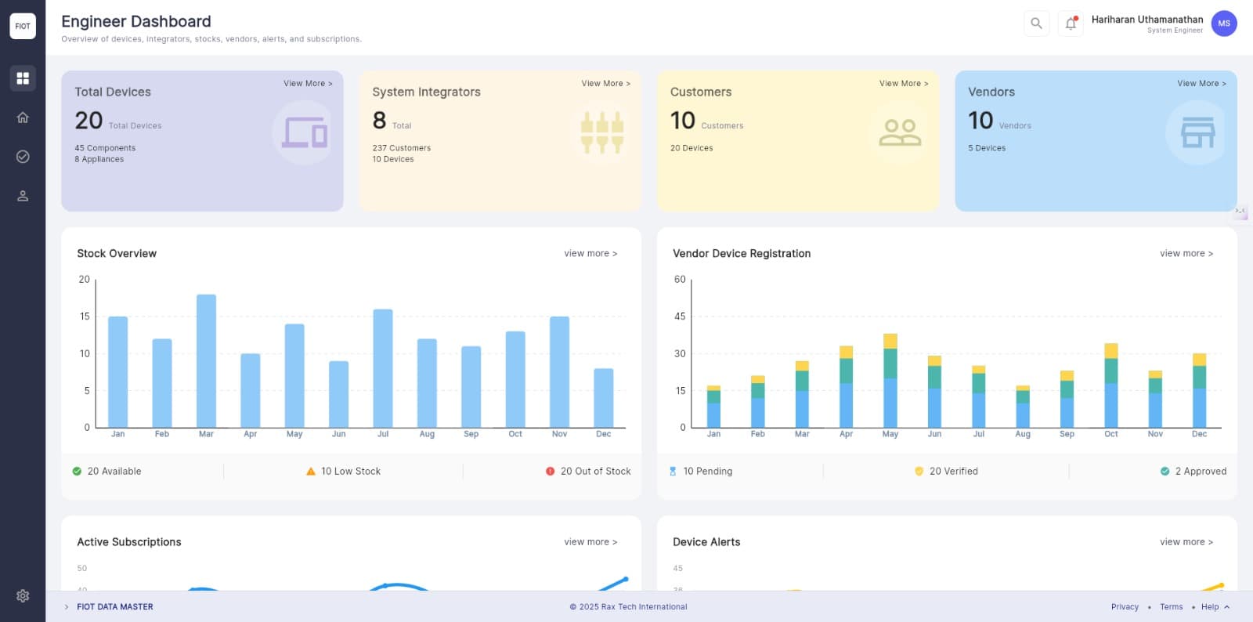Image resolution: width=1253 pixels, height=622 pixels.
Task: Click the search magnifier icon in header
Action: coord(1036,24)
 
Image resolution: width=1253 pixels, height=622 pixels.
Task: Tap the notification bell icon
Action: coord(1071,24)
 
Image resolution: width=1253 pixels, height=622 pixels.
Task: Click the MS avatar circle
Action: coord(1223,24)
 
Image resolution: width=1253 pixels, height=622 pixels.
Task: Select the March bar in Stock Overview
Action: coord(206,360)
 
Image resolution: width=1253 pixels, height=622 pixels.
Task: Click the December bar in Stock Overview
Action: coord(603,397)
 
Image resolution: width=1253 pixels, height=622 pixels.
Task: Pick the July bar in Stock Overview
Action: coord(383,368)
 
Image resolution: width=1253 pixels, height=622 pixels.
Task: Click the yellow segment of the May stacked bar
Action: coord(890,341)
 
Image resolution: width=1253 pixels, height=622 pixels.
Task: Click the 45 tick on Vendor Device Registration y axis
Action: coord(680,316)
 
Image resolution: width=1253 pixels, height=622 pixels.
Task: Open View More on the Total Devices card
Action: coord(308,83)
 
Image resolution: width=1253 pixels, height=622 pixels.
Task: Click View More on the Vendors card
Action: coord(1201,83)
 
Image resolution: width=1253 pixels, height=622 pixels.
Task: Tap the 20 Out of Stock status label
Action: coord(594,471)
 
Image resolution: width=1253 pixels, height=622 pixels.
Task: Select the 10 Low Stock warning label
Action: coord(350,471)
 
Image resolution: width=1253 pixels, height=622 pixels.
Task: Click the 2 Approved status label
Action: coord(1200,471)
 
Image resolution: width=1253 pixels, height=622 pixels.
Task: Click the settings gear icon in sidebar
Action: coord(23,595)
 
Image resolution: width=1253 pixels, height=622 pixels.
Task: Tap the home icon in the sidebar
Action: coord(23,118)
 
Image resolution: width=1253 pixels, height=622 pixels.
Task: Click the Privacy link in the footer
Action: coord(1125,606)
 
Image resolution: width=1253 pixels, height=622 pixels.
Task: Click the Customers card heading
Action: coord(701,92)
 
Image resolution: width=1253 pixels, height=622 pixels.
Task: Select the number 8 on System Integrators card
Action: coord(380,120)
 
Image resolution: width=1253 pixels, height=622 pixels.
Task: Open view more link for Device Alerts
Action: coord(1186,541)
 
